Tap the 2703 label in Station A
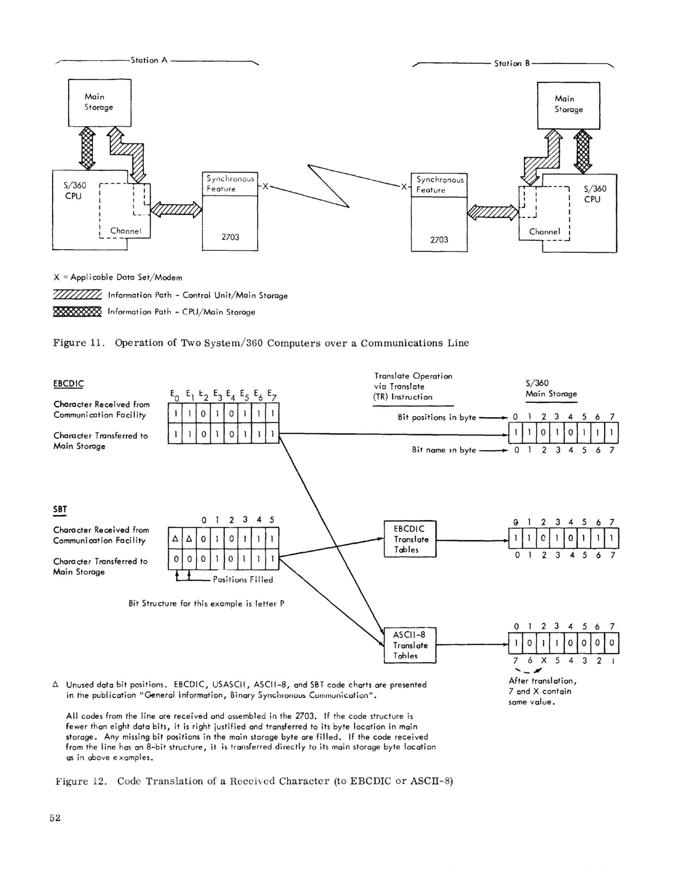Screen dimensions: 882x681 coord(230,237)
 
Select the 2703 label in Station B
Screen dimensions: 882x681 coord(439,240)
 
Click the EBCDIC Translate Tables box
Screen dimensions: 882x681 coord(410,539)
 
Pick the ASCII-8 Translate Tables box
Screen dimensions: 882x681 coord(410,645)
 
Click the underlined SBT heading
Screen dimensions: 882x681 coord(60,510)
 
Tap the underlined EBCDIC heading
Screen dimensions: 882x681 coord(68,384)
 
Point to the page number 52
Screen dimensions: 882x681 coord(55,818)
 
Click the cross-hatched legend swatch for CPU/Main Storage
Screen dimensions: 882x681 coord(77,312)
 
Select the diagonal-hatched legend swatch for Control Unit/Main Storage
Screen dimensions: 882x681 coord(77,295)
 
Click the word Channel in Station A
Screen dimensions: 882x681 coord(126,231)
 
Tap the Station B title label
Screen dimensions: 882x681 coord(512,63)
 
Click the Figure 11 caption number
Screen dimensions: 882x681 coord(79,343)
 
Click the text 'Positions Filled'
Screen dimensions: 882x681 coord(243,579)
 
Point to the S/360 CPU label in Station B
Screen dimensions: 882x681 coord(595,194)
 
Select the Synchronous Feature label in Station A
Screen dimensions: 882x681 coord(230,184)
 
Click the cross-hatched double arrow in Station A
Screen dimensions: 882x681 coord(87,148)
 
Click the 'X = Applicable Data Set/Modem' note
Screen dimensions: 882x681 coord(118,277)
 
